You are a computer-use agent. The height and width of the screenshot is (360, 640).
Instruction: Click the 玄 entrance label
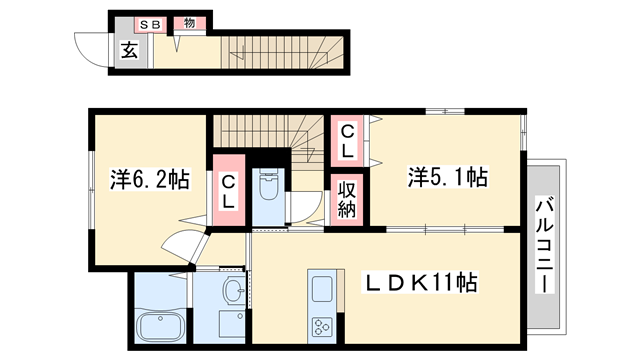[129, 51]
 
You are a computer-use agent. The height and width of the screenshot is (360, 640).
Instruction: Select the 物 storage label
[187, 23]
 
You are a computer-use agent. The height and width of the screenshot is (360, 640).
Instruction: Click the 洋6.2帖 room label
[149, 181]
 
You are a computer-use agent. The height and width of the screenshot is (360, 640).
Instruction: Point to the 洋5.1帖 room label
[447, 178]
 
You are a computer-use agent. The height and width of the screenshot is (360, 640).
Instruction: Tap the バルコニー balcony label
[545, 244]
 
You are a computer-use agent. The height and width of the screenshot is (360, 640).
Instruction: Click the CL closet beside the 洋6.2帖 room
[228, 191]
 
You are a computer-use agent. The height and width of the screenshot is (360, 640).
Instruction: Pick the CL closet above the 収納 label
[346, 141]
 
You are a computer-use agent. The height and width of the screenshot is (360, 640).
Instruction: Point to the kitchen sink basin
[324, 289]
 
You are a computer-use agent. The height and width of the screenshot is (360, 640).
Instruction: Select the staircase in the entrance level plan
[285, 49]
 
